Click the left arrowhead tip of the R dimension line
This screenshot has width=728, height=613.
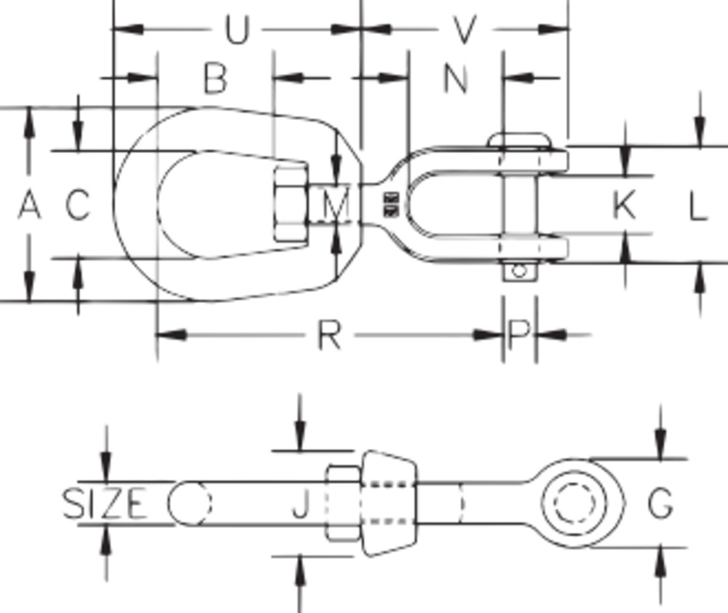157,335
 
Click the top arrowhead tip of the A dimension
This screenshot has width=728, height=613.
29,108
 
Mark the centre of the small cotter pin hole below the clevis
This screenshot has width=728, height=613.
520,270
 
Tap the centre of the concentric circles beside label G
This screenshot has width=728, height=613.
574,503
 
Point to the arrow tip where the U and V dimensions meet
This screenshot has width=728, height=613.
361,29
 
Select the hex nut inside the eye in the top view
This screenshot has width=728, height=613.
290,205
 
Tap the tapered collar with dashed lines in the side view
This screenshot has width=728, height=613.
389,503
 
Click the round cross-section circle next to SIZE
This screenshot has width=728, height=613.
189,503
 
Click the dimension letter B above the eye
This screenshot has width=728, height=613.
215,78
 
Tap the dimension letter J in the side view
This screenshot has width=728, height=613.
301,504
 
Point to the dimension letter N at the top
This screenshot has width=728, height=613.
456,78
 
